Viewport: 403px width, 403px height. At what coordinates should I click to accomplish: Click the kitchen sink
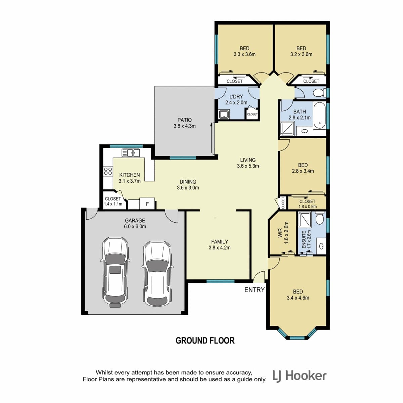131,153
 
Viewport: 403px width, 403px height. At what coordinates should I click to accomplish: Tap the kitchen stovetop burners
108,171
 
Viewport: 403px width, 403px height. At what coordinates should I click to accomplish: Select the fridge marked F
147,204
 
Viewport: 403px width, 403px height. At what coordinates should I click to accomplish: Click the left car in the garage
115,272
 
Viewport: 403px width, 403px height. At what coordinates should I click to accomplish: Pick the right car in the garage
157,274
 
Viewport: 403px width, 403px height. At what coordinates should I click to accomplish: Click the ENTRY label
255,290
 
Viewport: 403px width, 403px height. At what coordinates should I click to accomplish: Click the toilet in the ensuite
319,219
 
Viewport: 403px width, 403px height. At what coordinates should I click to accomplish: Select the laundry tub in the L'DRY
224,114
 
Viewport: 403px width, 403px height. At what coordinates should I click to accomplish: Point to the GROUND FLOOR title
205,341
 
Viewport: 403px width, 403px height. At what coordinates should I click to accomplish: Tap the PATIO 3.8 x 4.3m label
184,123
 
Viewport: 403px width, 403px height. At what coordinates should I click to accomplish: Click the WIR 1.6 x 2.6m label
283,233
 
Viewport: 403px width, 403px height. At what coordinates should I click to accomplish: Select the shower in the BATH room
287,128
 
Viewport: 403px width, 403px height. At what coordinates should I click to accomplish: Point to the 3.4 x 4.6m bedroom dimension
298,298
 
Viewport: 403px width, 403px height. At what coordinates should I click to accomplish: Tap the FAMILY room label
220,242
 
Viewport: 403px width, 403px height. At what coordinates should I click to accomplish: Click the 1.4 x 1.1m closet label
113,204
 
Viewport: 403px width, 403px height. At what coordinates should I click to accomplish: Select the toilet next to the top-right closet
320,93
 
